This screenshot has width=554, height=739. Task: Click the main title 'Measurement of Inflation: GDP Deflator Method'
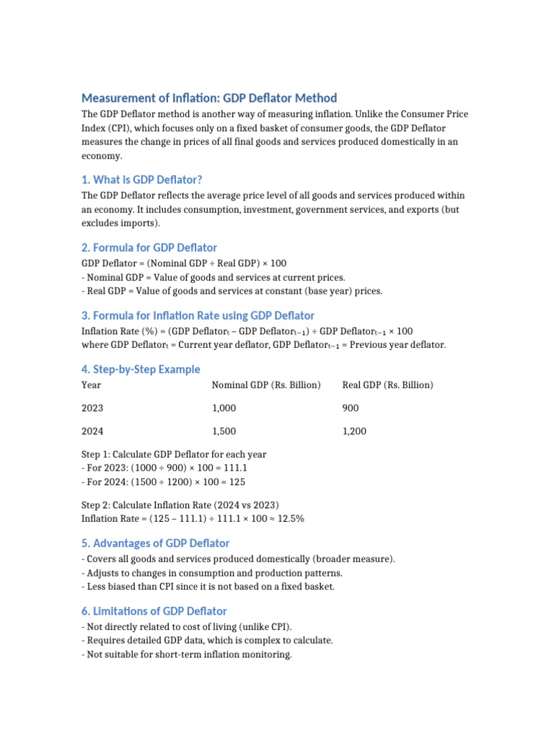click(209, 98)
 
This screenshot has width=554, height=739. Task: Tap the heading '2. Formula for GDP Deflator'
click(149, 248)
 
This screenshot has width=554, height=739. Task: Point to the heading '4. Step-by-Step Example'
click(141, 369)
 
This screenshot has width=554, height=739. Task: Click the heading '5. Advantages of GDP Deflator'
click(155, 543)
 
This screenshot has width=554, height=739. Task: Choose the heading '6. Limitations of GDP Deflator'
click(154, 611)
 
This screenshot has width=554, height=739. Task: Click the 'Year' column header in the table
click(92, 385)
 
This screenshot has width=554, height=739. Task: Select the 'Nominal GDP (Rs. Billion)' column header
click(266, 385)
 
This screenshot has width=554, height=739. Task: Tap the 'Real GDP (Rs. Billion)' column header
click(387, 385)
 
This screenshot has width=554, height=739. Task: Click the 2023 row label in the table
click(92, 408)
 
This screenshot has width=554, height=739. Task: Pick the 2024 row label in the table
click(92, 432)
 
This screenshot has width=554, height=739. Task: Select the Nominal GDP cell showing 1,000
click(224, 408)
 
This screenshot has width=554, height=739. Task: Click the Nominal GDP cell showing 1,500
click(224, 432)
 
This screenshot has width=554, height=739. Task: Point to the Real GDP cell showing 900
click(351, 408)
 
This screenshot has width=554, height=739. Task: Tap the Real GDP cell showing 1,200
click(354, 432)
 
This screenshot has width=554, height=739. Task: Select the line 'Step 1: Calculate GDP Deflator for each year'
click(174, 455)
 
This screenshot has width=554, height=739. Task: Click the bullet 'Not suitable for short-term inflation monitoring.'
click(187, 655)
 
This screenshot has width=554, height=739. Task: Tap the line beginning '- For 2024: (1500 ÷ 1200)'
click(166, 482)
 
